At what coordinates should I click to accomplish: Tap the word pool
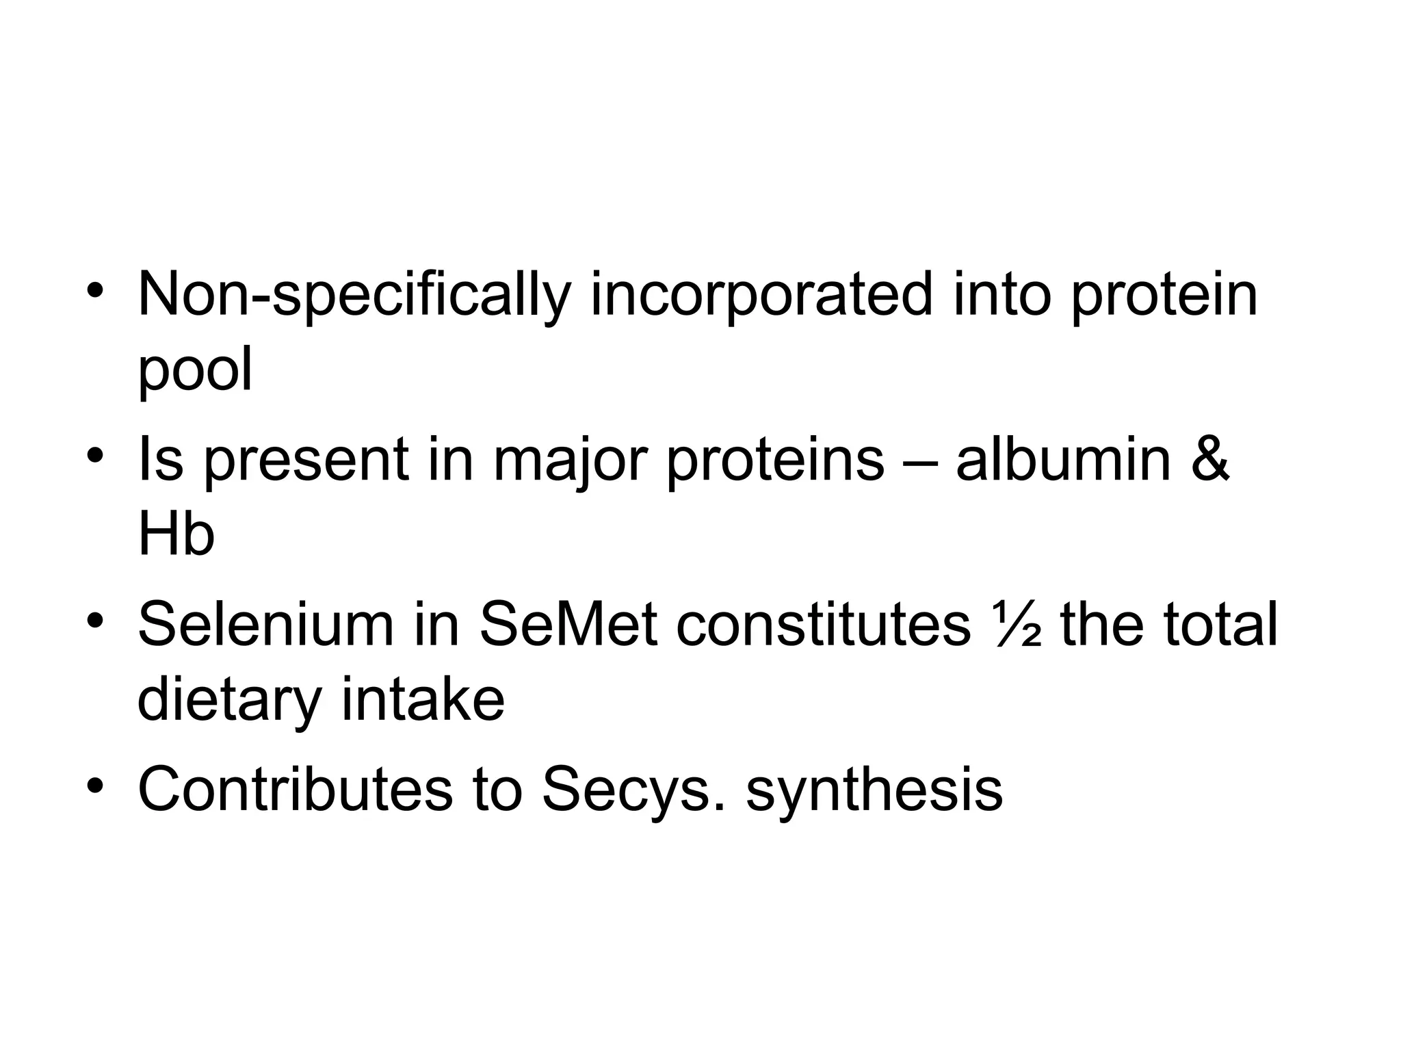point(195,370)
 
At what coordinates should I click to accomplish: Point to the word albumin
point(1063,459)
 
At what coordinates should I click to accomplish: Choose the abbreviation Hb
point(176,534)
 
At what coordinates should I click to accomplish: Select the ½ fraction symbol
point(1015,625)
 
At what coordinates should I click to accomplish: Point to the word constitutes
point(823,623)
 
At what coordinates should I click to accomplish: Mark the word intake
point(423,699)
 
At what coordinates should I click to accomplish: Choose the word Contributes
point(295,789)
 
